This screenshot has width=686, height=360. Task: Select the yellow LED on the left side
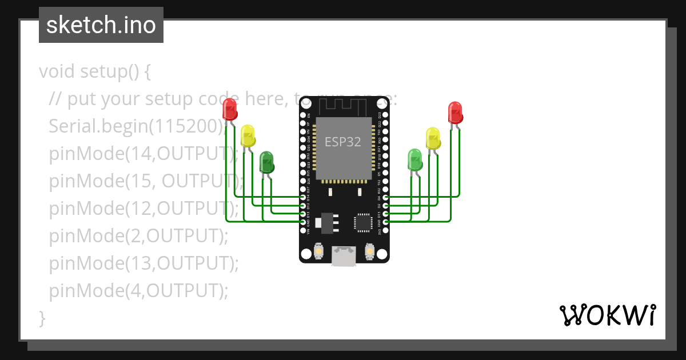[248, 136]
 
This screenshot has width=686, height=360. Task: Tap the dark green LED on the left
[266, 162]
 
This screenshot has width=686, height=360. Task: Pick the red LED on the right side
[455, 113]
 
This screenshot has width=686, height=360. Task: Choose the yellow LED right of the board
[433, 139]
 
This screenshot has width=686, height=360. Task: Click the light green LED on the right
[415, 159]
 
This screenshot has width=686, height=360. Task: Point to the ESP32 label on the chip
[343, 142]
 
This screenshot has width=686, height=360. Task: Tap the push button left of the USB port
[318, 251]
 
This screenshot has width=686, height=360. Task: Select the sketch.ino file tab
[101, 25]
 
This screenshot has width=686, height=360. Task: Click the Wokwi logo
[607, 315]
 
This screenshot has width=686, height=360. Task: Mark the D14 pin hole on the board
[303, 197]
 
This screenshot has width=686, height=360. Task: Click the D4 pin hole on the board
[385, 197]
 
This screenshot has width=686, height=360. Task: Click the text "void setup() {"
[95, 72]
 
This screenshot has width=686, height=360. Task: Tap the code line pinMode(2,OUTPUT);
[138, 235]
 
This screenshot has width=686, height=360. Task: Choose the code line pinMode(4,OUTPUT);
[138, 291]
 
